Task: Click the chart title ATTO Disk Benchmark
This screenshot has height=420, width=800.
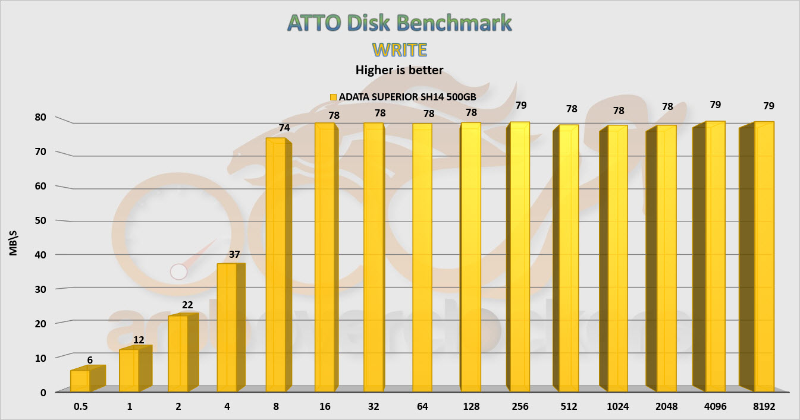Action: click(399, 22)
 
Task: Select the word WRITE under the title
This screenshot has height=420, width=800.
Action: click(399, 49)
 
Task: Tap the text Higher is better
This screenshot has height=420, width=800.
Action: click(399, 70)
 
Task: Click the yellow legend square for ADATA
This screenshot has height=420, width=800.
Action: click(333, 96)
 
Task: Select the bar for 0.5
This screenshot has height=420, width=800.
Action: click(80, 381)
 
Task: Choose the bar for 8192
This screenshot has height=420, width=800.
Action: click(764, 257)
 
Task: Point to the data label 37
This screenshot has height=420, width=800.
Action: click(234, 254)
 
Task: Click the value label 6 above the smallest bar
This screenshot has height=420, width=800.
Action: click(89, 359)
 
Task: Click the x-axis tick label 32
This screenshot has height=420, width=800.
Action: click(373, 408)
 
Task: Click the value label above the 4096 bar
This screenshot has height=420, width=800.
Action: click(715, 105)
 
